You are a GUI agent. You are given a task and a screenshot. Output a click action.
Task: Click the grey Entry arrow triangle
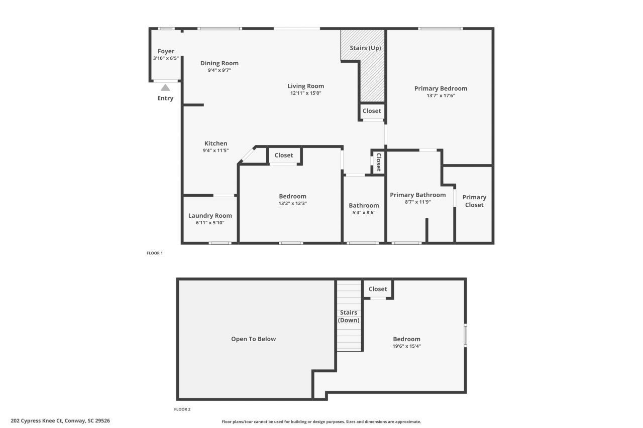point(165,88)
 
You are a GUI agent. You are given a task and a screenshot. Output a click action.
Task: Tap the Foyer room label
point(166,51)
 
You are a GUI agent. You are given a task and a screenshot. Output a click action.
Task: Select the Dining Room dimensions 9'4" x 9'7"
point(219,70)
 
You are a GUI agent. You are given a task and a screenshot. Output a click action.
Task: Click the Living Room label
point(305,86)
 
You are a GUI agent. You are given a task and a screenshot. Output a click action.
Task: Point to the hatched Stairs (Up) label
point(365,48)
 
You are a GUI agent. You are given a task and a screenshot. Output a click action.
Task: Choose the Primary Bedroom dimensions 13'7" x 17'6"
point(441,95)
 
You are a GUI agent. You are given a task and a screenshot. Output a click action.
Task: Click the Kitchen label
point(216,144)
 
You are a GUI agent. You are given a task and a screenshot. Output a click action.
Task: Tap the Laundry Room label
point(210,216)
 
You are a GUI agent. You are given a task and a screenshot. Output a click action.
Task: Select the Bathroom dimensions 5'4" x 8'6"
point(364,212)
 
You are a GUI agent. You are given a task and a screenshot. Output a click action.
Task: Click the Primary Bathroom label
point(417,195)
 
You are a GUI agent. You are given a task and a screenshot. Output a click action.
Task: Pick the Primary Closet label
point(474,201)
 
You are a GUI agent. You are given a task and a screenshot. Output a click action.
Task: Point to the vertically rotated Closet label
point(378,162)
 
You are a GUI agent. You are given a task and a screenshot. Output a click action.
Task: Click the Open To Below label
point(253,339)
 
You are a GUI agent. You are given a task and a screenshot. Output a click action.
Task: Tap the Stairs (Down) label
point(348,316)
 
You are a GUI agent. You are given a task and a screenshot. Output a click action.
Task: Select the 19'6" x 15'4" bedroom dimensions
point(406,346)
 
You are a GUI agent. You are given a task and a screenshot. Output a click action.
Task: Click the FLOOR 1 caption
point(155,253)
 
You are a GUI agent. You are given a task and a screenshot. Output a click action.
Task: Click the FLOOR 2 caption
point(182,409)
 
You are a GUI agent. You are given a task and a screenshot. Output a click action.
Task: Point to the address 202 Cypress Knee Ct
point(60,420)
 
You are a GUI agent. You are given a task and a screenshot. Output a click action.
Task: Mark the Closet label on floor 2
point(378,289)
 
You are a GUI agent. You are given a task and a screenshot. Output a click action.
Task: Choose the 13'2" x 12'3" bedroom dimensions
point(292,203)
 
